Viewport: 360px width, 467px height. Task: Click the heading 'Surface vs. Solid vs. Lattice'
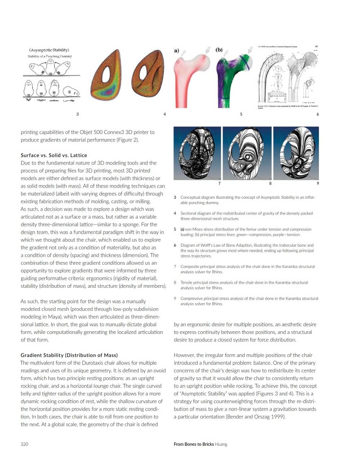54,155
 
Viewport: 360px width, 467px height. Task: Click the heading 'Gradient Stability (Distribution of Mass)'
69,355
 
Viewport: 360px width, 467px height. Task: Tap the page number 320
24,444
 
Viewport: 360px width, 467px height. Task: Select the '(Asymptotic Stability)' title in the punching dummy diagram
49,50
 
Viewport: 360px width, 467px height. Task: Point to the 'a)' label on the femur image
176,51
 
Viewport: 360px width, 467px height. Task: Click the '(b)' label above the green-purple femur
219,50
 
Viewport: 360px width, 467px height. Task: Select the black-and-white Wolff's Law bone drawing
288,76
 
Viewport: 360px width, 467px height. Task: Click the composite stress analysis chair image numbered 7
197,153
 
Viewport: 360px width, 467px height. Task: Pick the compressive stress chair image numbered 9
296,153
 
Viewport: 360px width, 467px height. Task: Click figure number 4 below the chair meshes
165,114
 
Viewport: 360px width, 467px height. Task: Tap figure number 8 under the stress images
270,183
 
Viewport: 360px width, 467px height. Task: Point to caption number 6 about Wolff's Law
175,245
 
